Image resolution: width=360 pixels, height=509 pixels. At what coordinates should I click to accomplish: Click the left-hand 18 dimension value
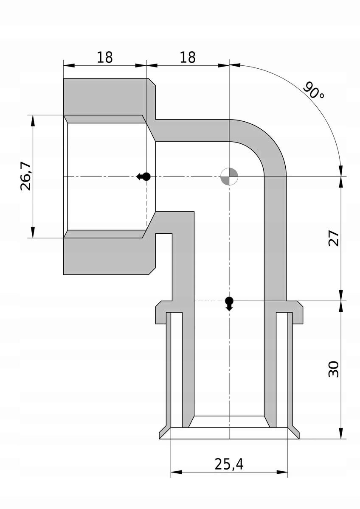point(105,57)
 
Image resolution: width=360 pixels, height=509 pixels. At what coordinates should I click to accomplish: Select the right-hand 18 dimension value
point(188,57)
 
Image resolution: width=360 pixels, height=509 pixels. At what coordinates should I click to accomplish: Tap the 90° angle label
point(313,90)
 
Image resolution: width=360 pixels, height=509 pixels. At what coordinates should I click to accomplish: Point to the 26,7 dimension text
point(25,176)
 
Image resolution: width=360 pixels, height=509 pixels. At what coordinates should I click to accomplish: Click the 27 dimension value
point(333,238)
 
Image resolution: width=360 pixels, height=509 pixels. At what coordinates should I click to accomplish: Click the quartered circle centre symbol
point(229,176)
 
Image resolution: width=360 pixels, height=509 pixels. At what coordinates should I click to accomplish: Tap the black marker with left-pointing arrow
point(143,176)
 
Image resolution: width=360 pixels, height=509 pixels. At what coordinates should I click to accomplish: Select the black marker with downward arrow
point(229,304)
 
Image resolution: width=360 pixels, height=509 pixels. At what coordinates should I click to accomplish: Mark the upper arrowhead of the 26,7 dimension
point(33,120)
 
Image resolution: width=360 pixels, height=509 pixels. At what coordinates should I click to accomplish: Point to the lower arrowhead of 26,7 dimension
point(33,232)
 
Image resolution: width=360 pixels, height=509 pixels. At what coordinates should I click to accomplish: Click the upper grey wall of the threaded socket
point(104,97)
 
